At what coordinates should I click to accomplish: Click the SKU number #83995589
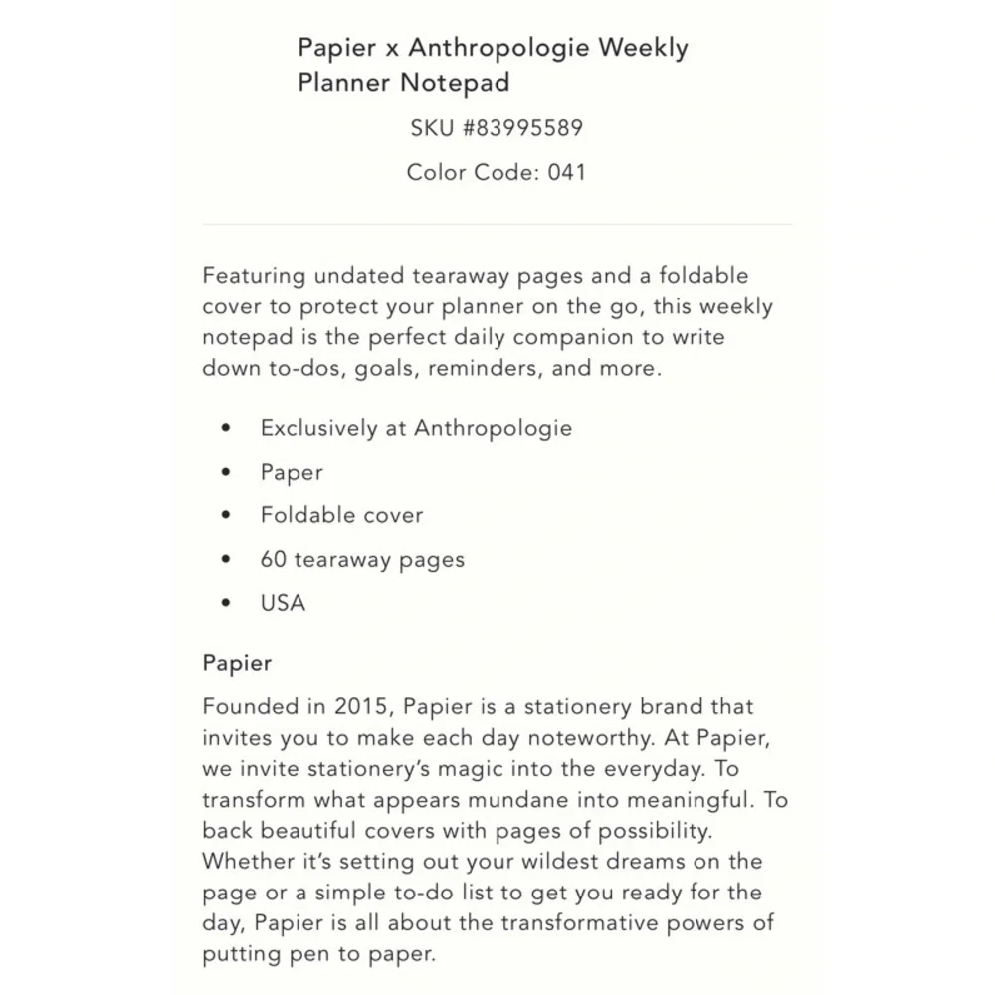tap(522, 128)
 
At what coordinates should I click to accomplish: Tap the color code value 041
tap(566, 172)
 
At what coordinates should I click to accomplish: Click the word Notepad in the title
tap(455, 82)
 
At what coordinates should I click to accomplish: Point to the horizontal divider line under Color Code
tap(497, 225)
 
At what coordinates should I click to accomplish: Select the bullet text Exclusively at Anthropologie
tap(416, 428)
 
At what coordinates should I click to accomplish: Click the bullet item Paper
tap(292, 472)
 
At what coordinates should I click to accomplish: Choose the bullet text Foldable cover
tap(341, 515)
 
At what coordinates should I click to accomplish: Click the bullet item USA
tap(283, 603)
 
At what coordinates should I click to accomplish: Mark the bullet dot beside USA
tap(227, 603)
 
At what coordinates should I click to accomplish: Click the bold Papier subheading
tap(237, 663)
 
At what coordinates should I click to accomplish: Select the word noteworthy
tap(589, 738)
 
